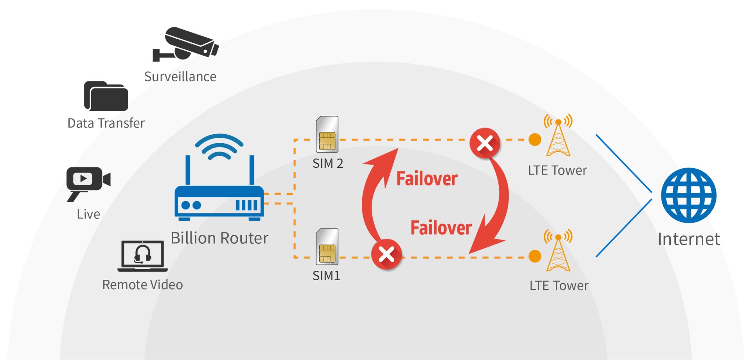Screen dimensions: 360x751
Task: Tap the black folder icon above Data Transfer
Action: point(106,96)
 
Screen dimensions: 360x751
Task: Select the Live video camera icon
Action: point(88,181)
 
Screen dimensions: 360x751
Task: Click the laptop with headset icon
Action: point(142,256)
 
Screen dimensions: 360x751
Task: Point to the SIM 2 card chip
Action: point(327,141)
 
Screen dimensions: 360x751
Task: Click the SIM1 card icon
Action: point(327,247)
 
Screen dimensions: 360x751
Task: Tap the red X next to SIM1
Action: point(386,254)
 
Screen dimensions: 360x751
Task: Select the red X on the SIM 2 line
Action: point(485,143)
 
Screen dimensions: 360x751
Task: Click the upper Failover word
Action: point(427,179)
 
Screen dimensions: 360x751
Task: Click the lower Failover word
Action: point(441,228)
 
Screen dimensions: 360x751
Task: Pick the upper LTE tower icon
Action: point(558,135)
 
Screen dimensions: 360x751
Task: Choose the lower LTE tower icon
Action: point(558,251)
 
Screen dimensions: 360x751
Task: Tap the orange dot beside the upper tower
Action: point(535,139)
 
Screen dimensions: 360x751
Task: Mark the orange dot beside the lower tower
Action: point(535,256)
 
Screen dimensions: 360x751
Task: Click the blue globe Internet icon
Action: point(688,195)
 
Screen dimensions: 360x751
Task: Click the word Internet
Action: point(688,239)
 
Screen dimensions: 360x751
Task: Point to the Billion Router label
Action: point(219,238)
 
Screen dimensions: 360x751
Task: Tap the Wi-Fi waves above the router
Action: point(219,146)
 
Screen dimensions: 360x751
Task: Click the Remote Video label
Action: point(142,285)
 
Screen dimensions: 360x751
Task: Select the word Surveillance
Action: point(180,77)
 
